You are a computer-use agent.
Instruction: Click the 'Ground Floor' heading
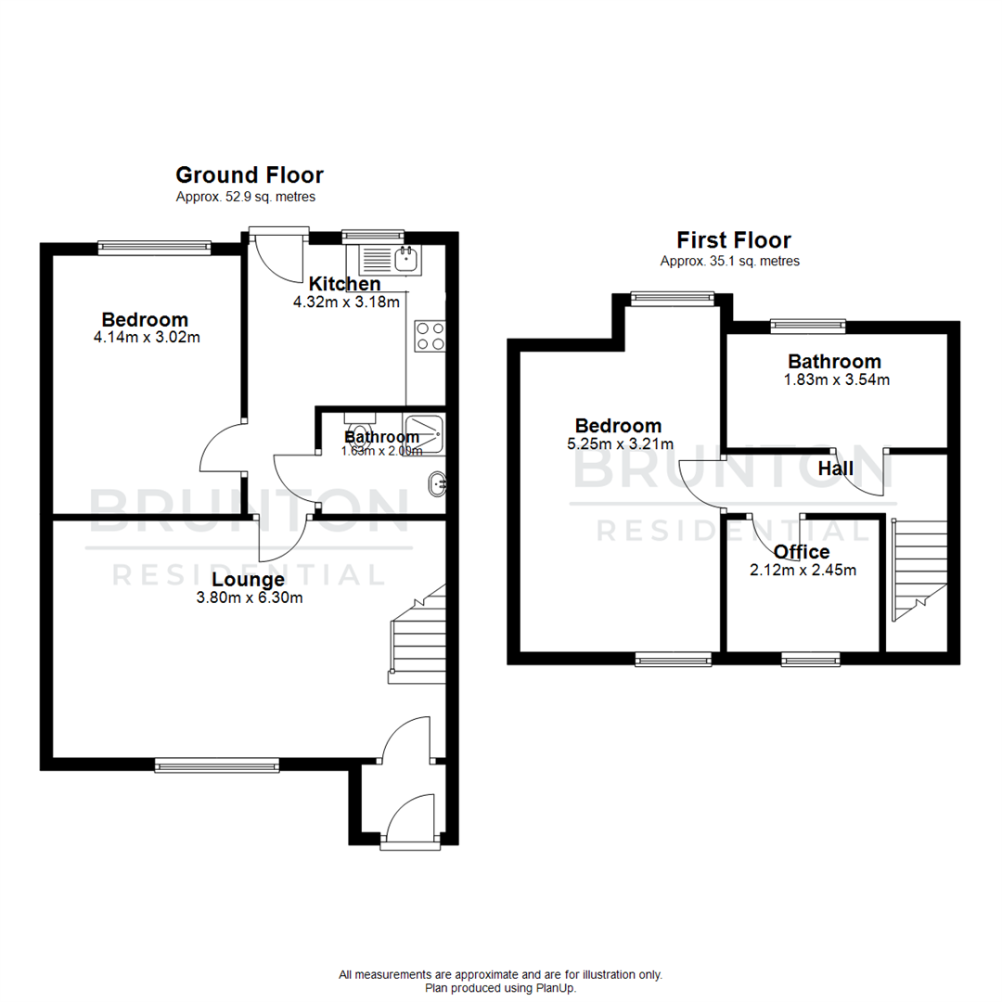[249, 174]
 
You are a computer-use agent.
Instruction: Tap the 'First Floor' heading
[733, 239]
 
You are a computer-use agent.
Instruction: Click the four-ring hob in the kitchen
[430, 335]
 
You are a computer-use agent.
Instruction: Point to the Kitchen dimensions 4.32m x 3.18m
[345, 302]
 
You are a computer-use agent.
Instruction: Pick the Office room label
[802, 552]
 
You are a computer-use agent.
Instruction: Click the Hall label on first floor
[835, 469]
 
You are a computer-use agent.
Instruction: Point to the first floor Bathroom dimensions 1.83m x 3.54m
[834, 379]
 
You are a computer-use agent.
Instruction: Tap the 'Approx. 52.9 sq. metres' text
[245, 197]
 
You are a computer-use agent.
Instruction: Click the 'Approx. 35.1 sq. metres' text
[729, 262]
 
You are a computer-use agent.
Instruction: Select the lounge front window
[216, 764]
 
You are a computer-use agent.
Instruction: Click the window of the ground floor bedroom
[154, 248]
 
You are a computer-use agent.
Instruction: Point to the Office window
[811, 660]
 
